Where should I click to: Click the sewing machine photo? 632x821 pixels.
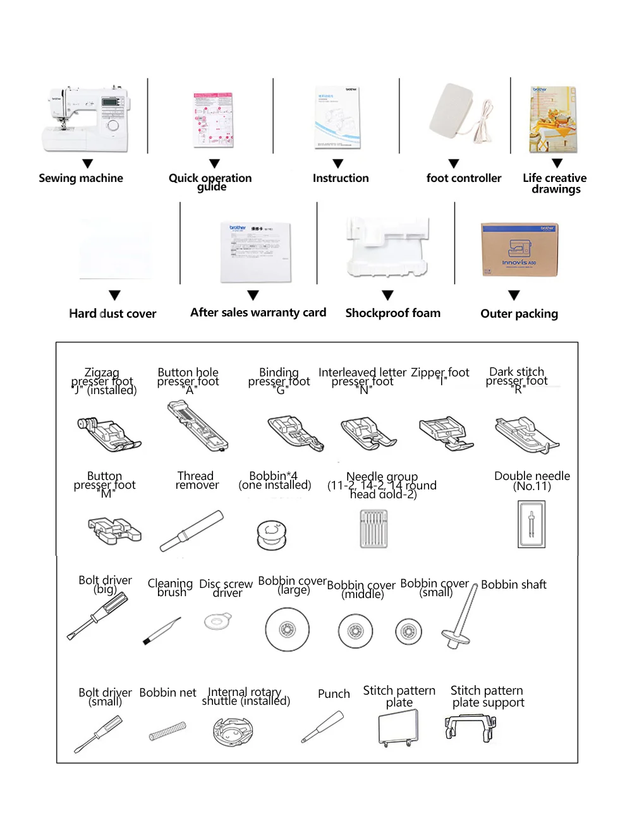86,119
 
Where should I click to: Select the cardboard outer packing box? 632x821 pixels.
519,249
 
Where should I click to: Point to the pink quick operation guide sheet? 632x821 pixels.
214,119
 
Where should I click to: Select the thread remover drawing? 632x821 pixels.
191,530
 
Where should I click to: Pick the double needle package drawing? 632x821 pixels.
531,525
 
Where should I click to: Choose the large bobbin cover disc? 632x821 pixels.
287,630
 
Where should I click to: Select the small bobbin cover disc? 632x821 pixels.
408,631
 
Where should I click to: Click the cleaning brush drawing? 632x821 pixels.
162,631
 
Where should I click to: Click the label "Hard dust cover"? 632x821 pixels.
112,314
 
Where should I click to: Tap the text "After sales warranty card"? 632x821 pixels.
258,313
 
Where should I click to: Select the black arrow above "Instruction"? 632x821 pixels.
338,164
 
